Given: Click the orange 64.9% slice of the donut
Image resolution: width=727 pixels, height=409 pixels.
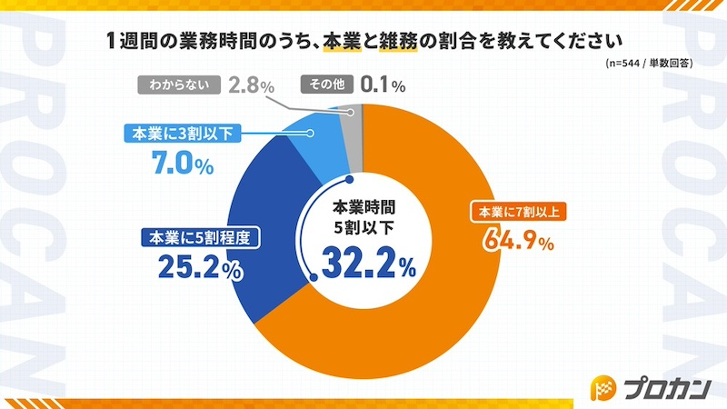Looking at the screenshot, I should pos(427,309).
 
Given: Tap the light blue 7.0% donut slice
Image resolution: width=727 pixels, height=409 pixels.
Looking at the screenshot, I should pos(309,136).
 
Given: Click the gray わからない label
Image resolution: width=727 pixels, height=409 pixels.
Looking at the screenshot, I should pos(179,86).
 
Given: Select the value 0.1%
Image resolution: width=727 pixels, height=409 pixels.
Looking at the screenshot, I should pos(382,86).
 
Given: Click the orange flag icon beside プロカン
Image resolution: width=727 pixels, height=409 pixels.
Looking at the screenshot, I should pos(603,387).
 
